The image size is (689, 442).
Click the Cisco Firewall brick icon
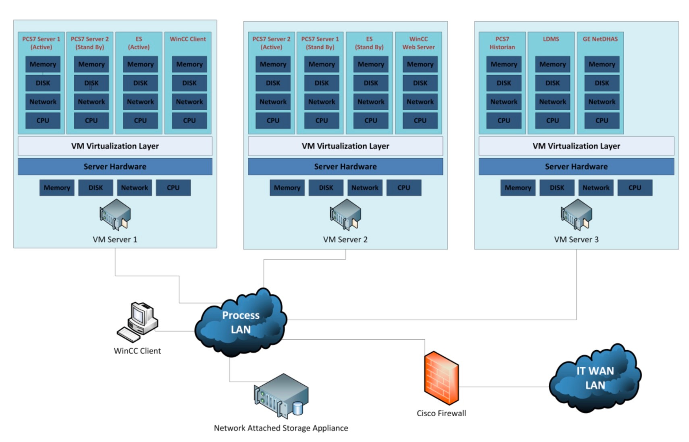(441, 378)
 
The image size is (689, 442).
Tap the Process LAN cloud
(241, 322)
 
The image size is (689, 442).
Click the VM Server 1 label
(115, 240)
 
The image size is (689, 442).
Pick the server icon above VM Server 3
(576, 215)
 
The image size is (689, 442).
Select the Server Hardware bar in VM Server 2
(345, 167)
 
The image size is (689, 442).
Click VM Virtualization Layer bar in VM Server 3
(576, 146)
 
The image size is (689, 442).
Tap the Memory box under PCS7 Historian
(504, 64)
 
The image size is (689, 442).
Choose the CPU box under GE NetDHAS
(602, 120)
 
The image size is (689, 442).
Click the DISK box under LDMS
(552, 83)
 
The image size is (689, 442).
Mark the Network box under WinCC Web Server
(420, 102)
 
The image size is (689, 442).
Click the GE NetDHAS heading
(600, 39)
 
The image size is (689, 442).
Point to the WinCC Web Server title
(418, 43)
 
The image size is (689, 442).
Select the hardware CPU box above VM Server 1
(173, 188)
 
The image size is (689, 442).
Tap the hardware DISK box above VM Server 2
(326, 188)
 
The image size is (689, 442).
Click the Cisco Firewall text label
(441, 413)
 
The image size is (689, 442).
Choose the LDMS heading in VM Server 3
(551, 39)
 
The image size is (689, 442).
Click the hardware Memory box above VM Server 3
(518, 188)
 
